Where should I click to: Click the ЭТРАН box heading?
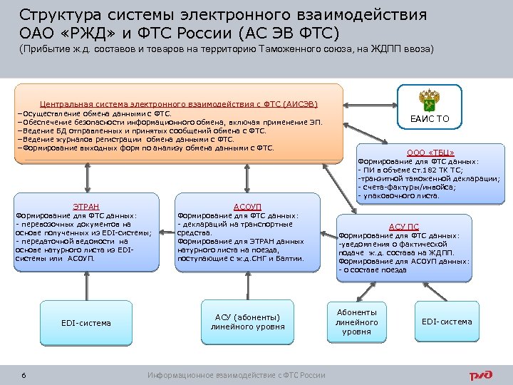(x=86, y=206)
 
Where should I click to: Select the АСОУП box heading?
(x=247, y=206)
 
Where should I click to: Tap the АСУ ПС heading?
(x=403, y=226)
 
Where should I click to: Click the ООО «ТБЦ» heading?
(x=430, y=153)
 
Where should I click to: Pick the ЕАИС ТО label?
(x=430, y=119)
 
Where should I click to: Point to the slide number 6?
(x=24, y=375)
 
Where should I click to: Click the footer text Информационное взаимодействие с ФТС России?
(x=237, y=375)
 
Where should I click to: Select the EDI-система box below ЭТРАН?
(x=86, y=323)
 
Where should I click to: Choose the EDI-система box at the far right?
(x=447, y=322)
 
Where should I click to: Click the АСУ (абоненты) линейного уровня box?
(x=247, y=322)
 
